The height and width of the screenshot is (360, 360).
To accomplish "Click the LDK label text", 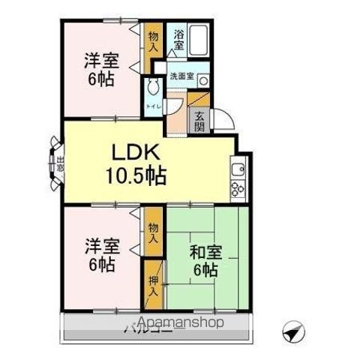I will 135,152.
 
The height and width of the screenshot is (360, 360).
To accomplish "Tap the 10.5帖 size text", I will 136,177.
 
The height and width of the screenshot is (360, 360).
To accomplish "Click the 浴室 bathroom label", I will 178,39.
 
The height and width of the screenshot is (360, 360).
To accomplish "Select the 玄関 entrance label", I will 199,120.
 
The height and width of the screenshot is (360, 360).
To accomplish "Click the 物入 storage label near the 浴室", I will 153,39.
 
